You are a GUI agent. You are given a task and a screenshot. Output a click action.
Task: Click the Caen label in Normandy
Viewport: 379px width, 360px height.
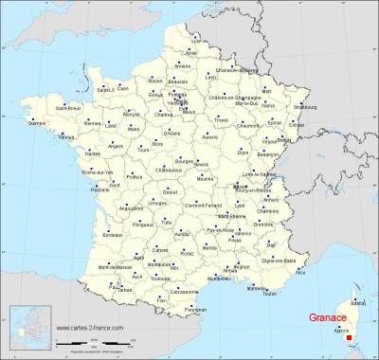(x=122, y=88)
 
